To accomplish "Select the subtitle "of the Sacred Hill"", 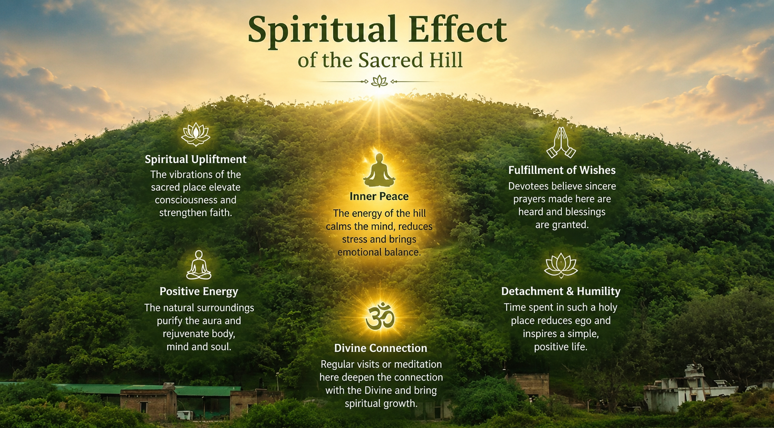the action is (380, 60).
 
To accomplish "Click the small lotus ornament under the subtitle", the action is (379, 82).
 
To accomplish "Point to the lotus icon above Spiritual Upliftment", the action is (196, 134).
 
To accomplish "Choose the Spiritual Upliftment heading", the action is (196, 159).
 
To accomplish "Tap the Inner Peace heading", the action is (379, 196).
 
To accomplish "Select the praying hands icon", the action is (561, 143).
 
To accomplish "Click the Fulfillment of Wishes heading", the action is (562, 170).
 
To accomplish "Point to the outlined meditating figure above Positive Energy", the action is (199, 265).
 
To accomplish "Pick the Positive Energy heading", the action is (199, 292).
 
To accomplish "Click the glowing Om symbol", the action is (380, 317).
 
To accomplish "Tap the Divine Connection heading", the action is (381, 348).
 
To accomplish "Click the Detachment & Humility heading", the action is (561, 291).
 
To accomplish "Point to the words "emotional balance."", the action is (379, 252).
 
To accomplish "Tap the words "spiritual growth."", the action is (381, 404).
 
